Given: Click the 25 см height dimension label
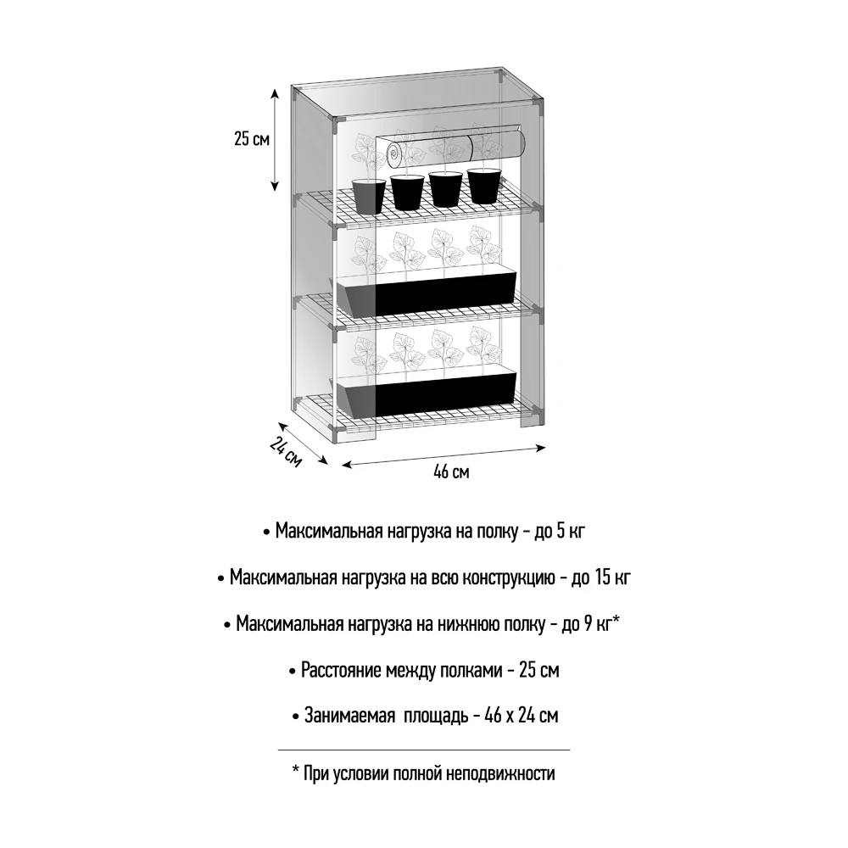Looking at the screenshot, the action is pyautogui.click(x=252, y=139).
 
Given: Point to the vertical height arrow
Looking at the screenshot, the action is pyautogui.click(x=275, y=139).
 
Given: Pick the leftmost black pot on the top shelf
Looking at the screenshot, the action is pyautogui.click(x=369, y=196).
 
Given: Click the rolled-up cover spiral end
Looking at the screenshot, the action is pyautogui.click(x=395, y=155).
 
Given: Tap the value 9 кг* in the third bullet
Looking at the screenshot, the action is pyautogui.click(x=600, y=625).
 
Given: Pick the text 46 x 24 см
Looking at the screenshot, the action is pyautogui.click(x=521, y=716).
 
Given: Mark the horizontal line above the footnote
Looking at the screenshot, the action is pyautogui.click(x=424, y=750).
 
